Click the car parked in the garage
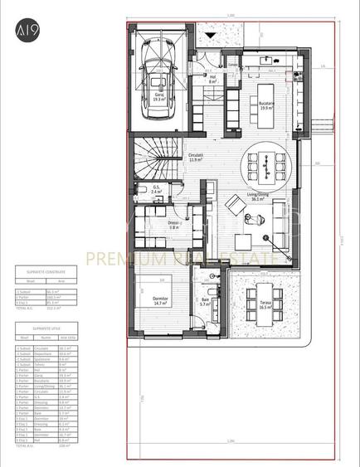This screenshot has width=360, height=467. pyautogui.click(x=158, y=70)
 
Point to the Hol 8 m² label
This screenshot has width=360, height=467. pyautogui.click(x=212, y=80)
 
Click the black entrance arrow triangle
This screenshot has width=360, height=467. pyautogui.click(x=212, y=35)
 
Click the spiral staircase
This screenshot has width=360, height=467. pyautogui.click(x=158, y=158)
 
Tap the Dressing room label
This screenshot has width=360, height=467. pyautogui.click(x=174, y=225)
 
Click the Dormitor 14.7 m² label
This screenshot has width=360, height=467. pyautogui.click(x=162, y=302)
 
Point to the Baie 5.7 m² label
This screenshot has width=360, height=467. pyautogui.click(x=207, y=304)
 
